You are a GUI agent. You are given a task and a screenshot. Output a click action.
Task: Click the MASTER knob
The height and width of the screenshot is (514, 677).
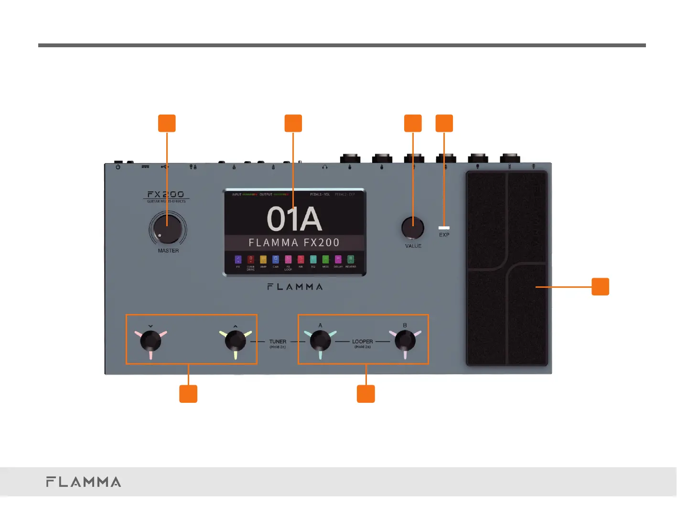tap(167, 229)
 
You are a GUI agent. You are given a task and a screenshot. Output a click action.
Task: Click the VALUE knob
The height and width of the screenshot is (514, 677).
tap(413, 228)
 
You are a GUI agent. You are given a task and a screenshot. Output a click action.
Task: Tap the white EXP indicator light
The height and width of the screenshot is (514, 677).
tap(444, 228)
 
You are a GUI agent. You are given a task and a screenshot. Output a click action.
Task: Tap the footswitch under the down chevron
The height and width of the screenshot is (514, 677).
tap(150, 341)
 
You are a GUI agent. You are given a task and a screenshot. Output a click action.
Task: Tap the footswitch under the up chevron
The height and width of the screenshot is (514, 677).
tap(235, 341)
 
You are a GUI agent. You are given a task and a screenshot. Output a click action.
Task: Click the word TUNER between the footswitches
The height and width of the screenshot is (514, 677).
tap(278, 342)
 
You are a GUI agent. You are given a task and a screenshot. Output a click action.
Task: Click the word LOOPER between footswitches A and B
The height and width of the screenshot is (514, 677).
tap(362, 342)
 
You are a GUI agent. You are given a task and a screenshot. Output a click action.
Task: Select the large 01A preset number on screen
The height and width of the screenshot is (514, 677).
tap(294, 219)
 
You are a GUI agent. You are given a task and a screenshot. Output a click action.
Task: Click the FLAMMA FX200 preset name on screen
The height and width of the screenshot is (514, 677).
tap(294, 242)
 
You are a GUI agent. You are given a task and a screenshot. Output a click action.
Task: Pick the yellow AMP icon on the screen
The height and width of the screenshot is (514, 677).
tap(263, 259)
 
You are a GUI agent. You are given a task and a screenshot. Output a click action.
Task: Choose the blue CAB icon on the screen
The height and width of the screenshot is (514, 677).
tap(276, 259)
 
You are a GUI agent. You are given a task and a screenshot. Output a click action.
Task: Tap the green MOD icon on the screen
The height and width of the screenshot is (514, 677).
tap(325, 259)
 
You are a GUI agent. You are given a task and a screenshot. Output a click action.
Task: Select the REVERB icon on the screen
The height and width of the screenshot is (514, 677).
tap(351, 259)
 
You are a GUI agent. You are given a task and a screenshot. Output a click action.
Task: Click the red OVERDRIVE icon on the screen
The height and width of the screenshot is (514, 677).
tap(250, 259)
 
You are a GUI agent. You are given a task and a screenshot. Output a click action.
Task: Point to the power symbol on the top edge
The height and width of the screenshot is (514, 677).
tap(118, 167)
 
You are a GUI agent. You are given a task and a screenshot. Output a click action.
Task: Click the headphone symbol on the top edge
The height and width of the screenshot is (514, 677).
tap(325, 167)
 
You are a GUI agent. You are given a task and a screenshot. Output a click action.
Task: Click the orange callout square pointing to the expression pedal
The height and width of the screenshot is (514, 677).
tap(600, 287)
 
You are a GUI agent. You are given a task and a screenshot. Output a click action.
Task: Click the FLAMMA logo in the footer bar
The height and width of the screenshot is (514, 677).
tap(84, 482)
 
